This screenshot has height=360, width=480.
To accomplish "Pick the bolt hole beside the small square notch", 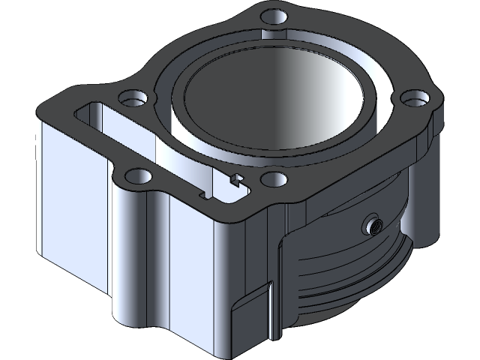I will click(274, 178).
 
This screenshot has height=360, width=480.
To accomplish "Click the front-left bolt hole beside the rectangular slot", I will click(136, 176).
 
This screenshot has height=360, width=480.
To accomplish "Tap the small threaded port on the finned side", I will click(372, 224).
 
